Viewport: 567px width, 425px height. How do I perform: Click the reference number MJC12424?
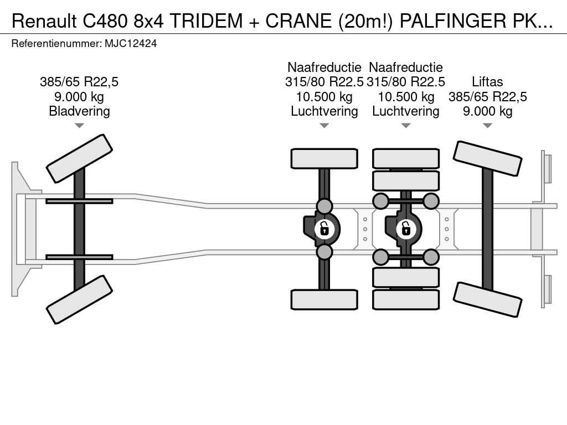(131, 43)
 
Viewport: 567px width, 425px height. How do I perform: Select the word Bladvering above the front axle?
(79, 111)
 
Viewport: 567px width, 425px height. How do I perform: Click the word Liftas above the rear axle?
(487, 82)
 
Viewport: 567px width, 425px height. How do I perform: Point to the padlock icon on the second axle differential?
(324, 228)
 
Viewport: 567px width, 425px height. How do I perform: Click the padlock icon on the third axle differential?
(406, 228)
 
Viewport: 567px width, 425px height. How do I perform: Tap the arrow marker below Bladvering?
(79, 126)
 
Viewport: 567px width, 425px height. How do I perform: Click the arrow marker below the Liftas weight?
(487, 126)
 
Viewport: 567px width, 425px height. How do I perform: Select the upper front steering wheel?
(79, 158)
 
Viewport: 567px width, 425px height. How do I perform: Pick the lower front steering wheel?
(79, 299)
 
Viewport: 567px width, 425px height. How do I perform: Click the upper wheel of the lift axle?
(487, 158)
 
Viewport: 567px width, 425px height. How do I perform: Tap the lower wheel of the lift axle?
(487, 299)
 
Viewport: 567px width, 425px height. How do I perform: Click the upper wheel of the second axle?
(324, 158)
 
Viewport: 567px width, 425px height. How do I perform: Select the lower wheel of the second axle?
(324, 299)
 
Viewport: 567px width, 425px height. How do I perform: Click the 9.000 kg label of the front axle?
(79, 96)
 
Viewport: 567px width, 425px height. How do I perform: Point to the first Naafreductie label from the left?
(324, 68)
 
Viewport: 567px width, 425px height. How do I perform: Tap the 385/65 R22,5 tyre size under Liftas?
(487, 96)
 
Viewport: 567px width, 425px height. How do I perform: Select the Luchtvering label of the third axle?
(406, 111)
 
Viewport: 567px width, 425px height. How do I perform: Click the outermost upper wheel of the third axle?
(406, 158)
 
